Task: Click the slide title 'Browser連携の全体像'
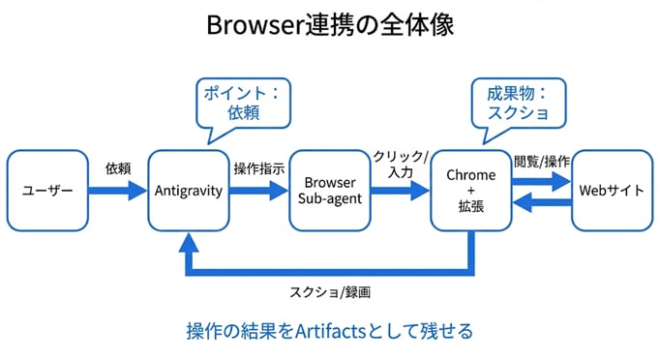coord(330,25)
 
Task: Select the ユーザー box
coord(47,191)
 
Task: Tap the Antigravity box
coord(189,191)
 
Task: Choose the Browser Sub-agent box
coord(331,191)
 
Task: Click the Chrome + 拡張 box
coord(471,191)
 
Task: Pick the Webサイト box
coord(612,191)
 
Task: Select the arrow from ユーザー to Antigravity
coord(118,191)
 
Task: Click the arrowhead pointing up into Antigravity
coord(189,243)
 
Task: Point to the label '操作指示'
coord(258,167)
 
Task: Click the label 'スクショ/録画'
coord(330,292)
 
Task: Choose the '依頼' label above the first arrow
coord(118,167)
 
